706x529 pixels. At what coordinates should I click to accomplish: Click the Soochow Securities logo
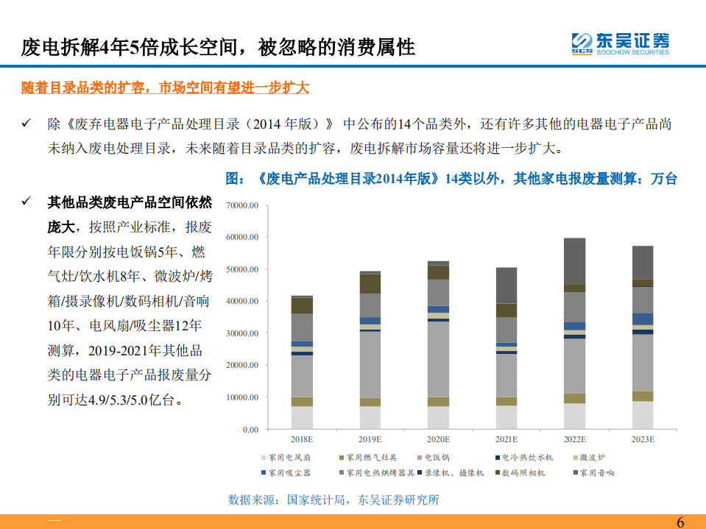point(620,43)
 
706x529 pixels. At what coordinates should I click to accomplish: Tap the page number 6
point(679,522)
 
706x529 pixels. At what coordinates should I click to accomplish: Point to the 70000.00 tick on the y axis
point(243,206)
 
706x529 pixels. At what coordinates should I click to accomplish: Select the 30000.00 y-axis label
point(243,333)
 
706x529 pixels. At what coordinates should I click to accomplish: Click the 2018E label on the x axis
point(302,439)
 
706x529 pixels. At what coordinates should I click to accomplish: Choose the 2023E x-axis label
point(643,439)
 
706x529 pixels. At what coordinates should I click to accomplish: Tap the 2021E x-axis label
point(506,439)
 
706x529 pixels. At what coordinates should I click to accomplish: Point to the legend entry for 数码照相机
point(523,473)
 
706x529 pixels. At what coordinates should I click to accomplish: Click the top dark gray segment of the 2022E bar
point(575,261)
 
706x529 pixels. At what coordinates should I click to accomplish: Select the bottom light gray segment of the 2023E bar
point(643,415)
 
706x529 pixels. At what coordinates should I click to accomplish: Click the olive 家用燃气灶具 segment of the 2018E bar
point(302,402)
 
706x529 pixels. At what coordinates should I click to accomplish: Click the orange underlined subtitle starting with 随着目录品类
point(165,88)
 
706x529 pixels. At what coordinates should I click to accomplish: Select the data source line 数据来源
point(333,500)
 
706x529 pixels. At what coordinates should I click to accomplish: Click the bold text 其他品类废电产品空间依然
point(130,202)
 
